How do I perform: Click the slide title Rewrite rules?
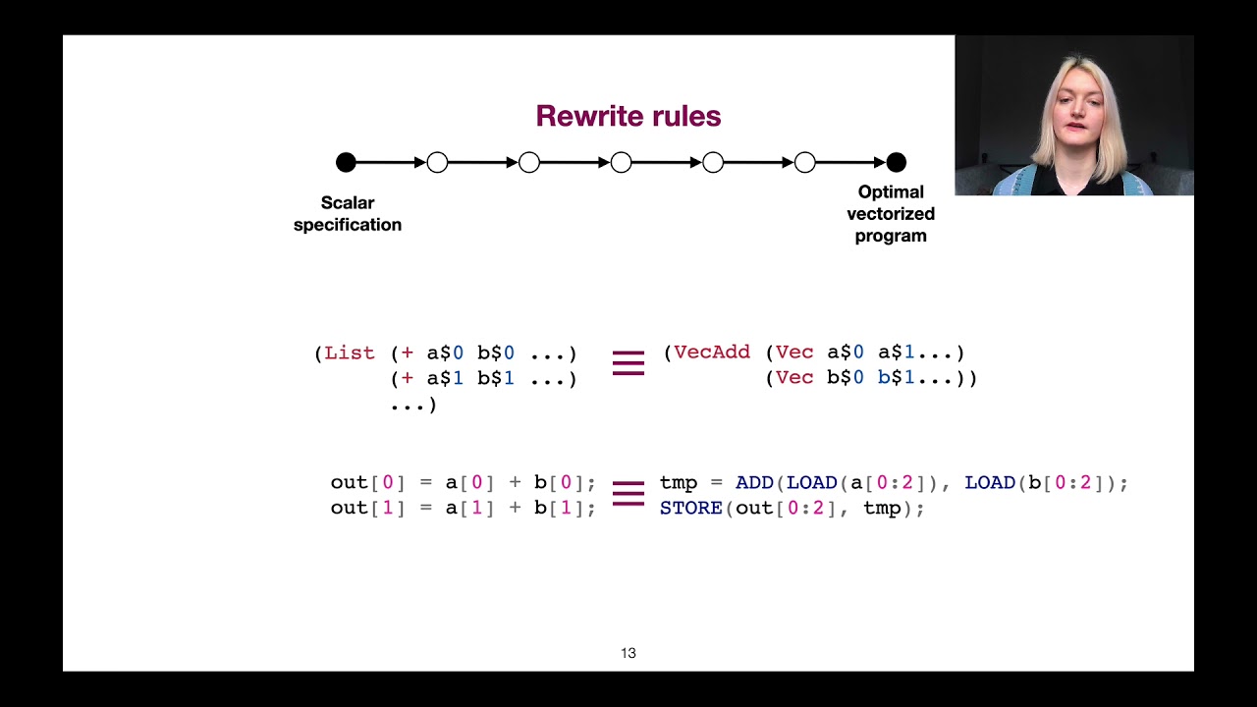(x=628, y=116)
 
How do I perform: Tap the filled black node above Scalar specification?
(x=346, y=162)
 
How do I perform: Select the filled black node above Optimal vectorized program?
(x=896, y=162)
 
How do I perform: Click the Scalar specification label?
(x=348, y=213)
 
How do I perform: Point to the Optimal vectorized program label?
(x=891, y=213)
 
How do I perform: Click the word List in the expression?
(x=350, y=353)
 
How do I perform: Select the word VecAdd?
(x=712, y=353)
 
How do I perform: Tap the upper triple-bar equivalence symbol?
(x=628, y=363)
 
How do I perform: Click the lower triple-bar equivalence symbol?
(x=628, y=493)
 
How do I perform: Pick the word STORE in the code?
(x=691, y=508)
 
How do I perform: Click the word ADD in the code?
(x=754, y=483)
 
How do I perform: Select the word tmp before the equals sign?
(x=679, y=483)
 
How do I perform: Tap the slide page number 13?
(x=628, y=653)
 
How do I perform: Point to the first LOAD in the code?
(x=811, y=483)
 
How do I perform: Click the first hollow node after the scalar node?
(x=437, y=162)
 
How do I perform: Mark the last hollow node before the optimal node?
(x=804, y=162)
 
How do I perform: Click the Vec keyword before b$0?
(x=794, y=378)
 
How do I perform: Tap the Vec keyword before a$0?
(x=794, y=353)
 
